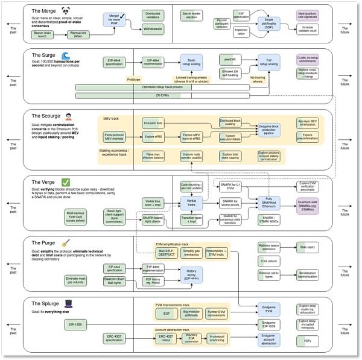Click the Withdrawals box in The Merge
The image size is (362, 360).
(x=153, y=28)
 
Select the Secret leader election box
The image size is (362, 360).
(x=192, y=14)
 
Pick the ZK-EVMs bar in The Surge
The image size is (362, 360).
(x=162, y=95)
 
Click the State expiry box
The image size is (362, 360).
(x=308, y=247)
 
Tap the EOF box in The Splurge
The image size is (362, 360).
(x=165, y=314)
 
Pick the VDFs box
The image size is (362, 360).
(x=307, y=341)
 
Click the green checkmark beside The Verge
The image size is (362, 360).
(x=65, y=182)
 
